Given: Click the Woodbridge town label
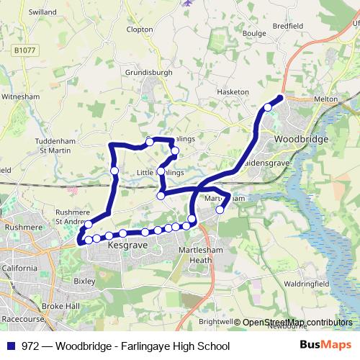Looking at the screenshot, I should coord(302,139).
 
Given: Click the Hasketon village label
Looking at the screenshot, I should coord(233,92).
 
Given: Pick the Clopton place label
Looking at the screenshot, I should coord(139,30).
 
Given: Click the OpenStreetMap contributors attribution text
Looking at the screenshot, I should coord(297,322).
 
